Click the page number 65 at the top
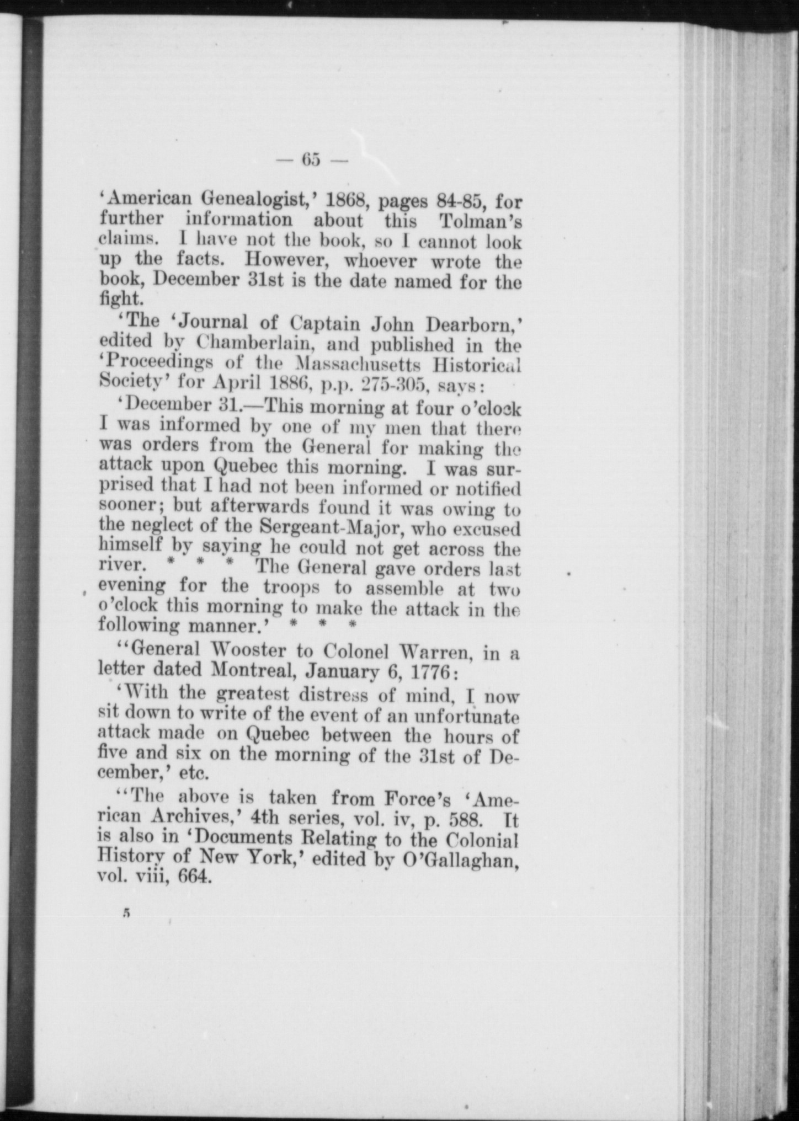click(311, 159)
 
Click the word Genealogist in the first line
click(264, 198)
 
